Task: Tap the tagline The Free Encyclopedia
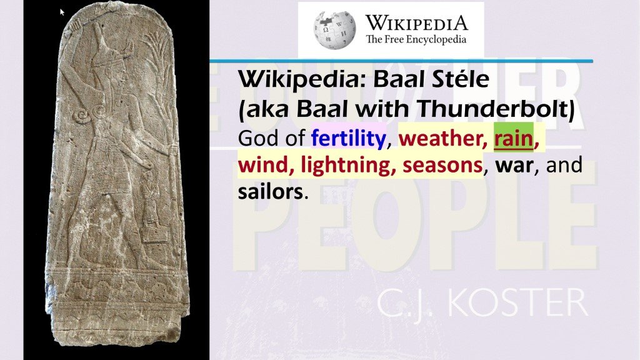point(416,40)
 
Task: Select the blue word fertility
point(347,137)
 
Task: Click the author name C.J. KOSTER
point(482,305)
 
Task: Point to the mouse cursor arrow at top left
point(62,11)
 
